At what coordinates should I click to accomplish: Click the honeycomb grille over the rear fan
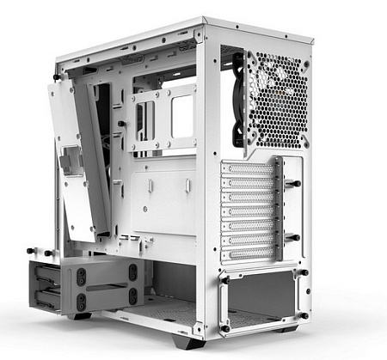(x=277, y=99)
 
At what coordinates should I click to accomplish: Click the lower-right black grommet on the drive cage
(x=132, y=298)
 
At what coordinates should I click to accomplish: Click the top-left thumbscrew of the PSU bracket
(x=223, y=277)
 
